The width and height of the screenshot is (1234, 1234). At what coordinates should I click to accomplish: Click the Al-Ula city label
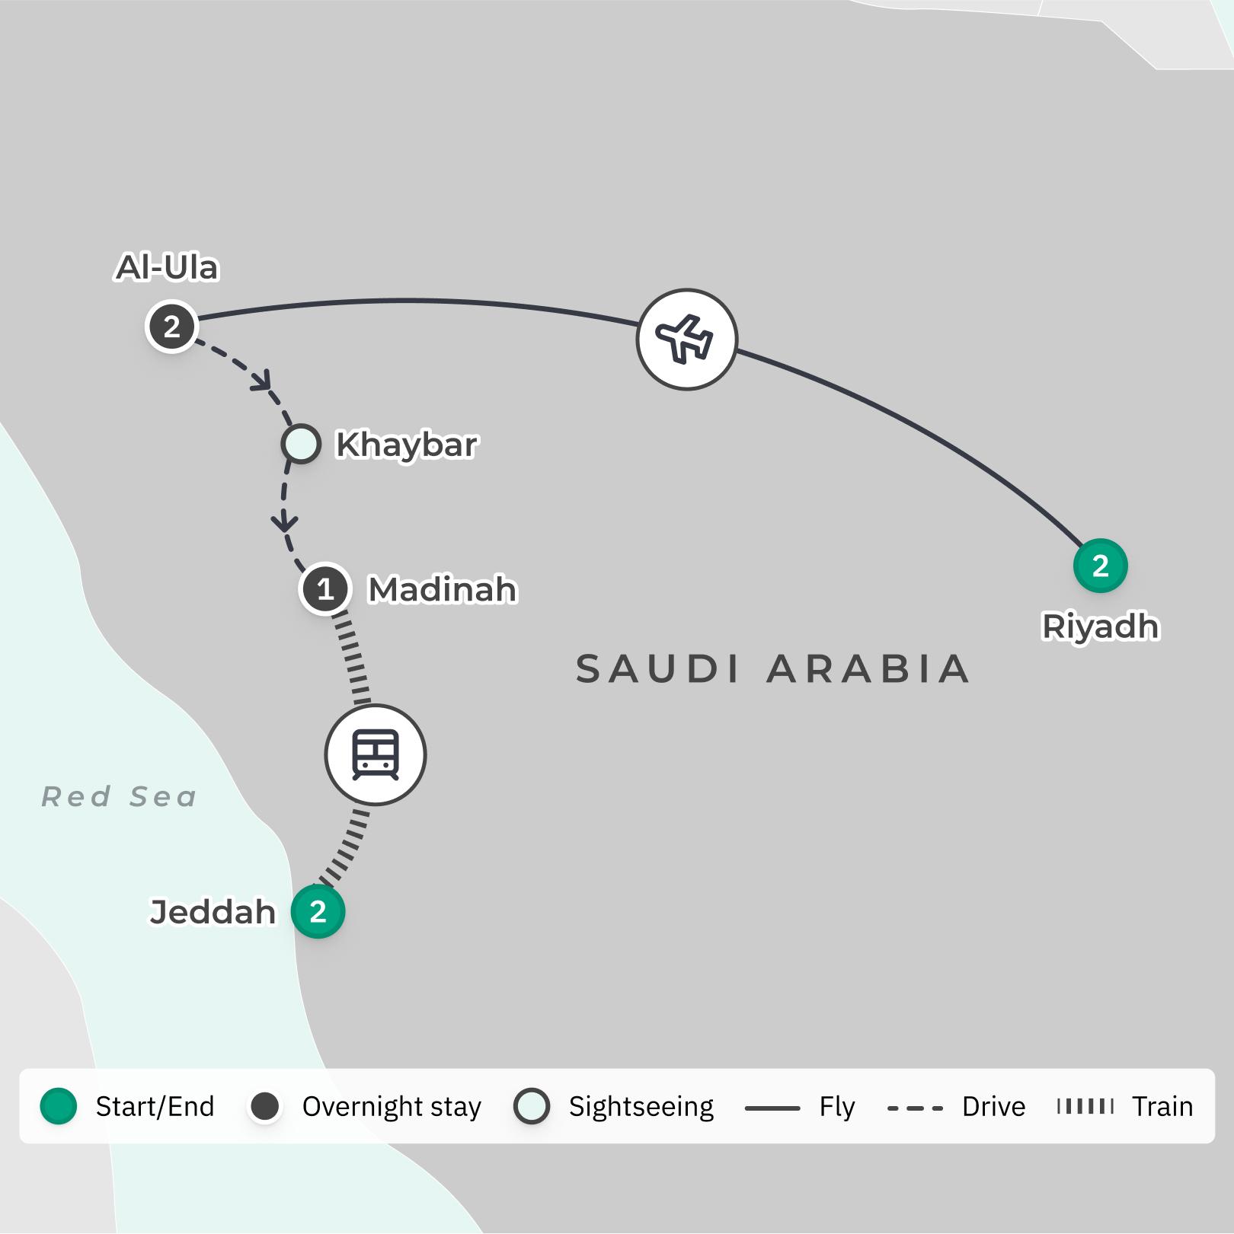coord(167,268)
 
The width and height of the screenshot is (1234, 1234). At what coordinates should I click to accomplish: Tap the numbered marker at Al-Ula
coord(172,327)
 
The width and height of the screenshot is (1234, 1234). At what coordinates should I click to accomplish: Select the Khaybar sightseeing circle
coord(301,444)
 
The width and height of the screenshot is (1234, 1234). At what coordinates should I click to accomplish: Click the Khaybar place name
coord(407,445)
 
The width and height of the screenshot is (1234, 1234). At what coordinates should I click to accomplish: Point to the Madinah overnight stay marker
coord(325,589)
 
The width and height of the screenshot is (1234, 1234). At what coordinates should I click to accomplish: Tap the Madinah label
coord(443,590)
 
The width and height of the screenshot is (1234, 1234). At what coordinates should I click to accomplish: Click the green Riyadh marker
coord(1100,566)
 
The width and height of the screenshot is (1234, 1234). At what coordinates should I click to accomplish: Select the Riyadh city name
coord(1100,627)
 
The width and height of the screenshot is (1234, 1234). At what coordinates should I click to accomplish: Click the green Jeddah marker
coord(318,911)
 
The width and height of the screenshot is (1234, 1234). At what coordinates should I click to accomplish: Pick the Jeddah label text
coord(213,912)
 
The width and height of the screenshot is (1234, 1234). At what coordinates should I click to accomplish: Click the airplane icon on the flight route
coord(686,339)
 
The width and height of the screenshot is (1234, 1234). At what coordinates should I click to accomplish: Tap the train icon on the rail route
coord(376,754)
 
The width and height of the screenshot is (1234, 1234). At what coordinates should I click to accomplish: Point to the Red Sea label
coord(120,797)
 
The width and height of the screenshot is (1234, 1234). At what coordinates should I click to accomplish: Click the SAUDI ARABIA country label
coord(772,669)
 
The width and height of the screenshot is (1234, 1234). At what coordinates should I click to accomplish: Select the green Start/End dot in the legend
coord(59,1106)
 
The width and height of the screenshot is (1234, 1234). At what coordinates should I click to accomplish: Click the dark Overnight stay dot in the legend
coord(265,1106)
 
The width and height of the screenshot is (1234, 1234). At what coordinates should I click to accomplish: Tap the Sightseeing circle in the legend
coord(532,1106)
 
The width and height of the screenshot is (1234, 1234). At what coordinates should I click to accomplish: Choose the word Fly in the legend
coord(837,1106)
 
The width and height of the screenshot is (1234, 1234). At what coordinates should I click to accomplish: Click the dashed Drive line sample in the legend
coord(915,1108)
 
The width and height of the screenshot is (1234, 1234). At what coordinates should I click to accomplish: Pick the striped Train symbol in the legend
coord(1085,1106)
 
